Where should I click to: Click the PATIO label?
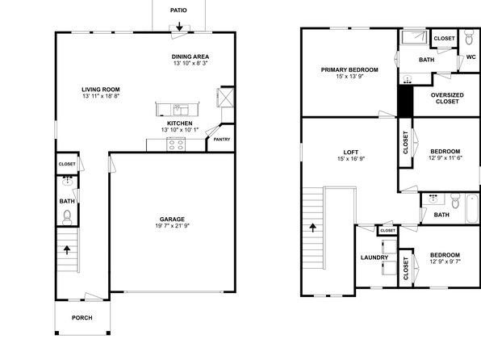click(178, 10)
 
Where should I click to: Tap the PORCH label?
click(82, 318)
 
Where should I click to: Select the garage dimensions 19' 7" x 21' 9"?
click(173, 225)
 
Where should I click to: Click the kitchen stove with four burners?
click(176, 144)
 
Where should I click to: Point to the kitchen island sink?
click(181, 110)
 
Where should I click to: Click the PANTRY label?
click(222, 140)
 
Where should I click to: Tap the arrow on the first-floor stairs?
click(67, 250)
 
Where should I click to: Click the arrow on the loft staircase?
click(312, 228)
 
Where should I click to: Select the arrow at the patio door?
click(179, 27)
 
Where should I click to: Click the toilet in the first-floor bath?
click(67, 217)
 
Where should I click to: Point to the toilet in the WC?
click(469, 37)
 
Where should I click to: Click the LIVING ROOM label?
click(101, 90)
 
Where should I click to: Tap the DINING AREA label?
click(190, 57)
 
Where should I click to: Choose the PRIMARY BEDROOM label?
click(349, 69)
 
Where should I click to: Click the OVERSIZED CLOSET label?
click(447, 98)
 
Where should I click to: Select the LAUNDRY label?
click(374, 257)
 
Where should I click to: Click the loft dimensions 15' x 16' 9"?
click(351, 159)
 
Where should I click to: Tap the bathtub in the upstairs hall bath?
click(472, 208)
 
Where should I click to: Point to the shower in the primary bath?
click(415, 37)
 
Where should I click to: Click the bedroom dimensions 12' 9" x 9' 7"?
click(445, 262)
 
